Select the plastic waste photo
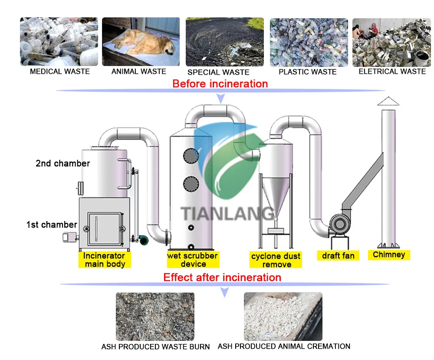[309, 42]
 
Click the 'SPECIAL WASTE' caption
[218, 72]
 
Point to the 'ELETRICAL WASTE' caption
[392, 72]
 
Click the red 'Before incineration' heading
[220, 83]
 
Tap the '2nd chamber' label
[62, 163]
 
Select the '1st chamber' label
[51, 225]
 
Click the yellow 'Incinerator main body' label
[105, 260]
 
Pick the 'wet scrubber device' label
[193, 260]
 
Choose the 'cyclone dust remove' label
[276, 260]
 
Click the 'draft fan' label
[338, 256]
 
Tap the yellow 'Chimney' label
[389, 255]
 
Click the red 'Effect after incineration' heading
[222, 277]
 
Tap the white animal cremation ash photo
[283, 316]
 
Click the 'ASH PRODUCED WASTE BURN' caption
[155, 347]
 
